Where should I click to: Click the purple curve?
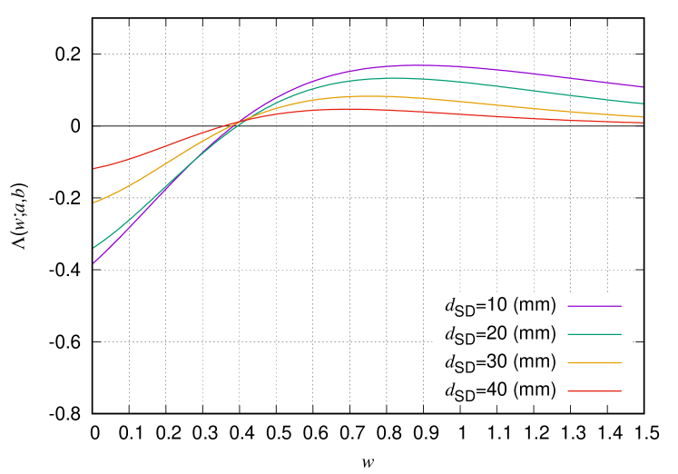coord(508,70)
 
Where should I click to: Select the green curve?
coord(508,85)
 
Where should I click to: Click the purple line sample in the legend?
coord(594,306)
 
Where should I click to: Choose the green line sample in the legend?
coord(594,334)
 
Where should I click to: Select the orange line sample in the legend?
coord(594,363)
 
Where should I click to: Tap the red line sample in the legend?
coord(594,391)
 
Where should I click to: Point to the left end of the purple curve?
coord(93,263)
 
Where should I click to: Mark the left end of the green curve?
coord(93,248)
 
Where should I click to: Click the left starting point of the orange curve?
coord(93,202)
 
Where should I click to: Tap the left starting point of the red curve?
coord(93,168)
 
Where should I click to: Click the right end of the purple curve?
coord(644,87)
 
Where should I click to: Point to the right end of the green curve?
coord(644,104)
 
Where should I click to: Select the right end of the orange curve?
coord(644,117)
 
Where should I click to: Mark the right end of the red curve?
coord(644,123)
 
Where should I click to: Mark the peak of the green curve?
coord(395,78)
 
